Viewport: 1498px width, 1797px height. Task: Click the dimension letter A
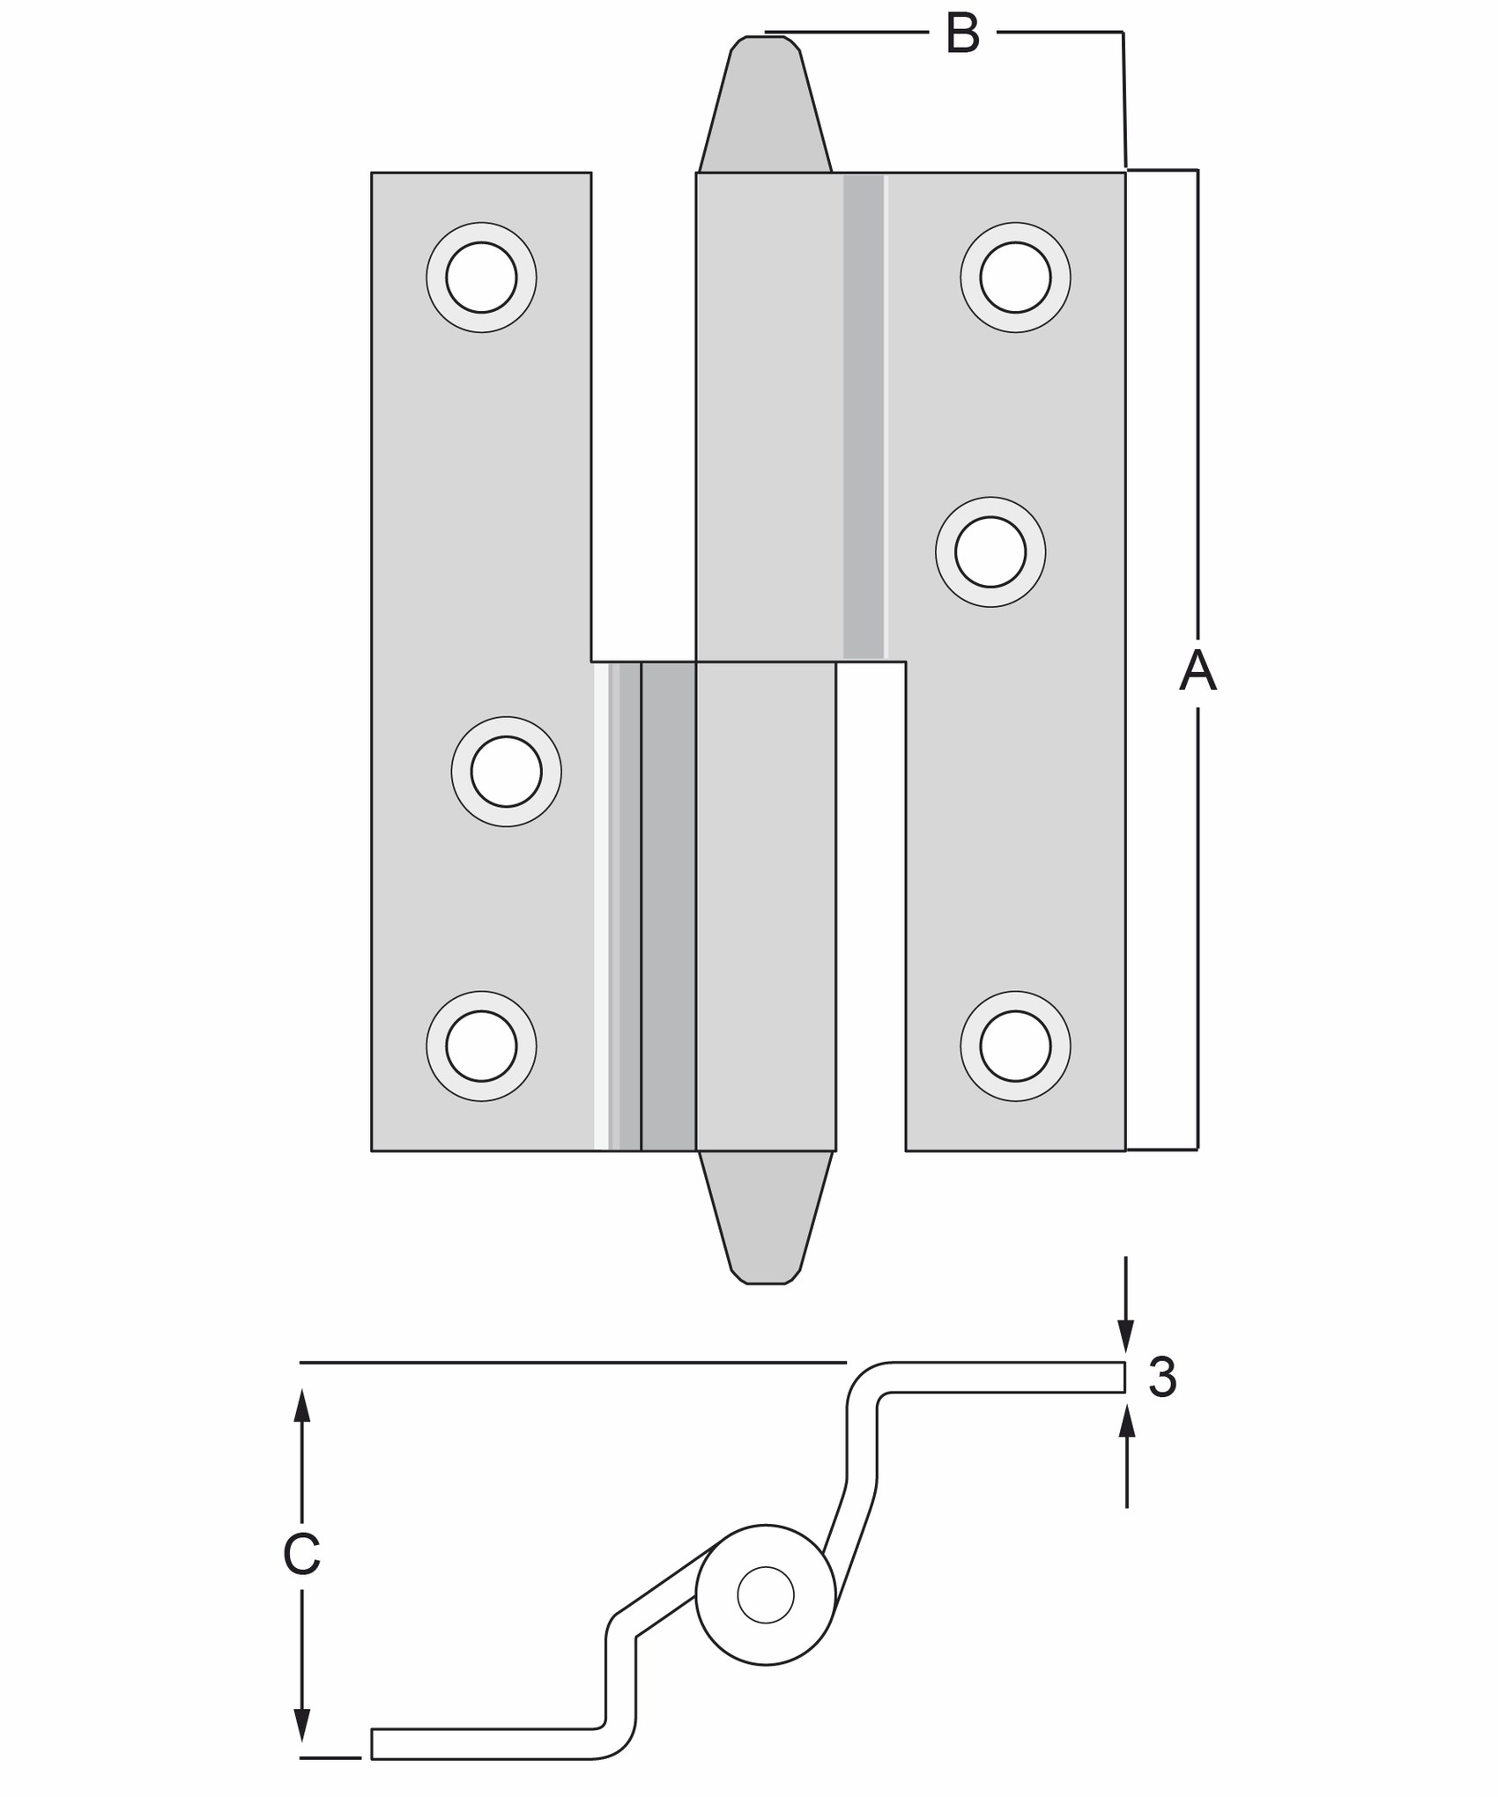point(1198,670)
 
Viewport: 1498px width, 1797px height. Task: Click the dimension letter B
point(962,33)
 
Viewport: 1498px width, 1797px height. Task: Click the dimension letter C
point(301,1555)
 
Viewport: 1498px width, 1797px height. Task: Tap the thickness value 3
point(1162,1377)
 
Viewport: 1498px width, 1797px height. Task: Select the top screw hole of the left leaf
point(481,277)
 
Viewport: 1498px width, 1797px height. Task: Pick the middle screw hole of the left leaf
point(507,772)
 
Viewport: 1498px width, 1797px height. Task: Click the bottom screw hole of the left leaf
point(481,1046)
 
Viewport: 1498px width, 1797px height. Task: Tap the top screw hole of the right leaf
point(1015,277)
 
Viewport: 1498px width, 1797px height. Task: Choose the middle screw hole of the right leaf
point(990,552)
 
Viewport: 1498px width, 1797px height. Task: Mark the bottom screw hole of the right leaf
point(1015,1046)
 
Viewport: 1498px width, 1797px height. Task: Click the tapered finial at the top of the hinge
point(765,104)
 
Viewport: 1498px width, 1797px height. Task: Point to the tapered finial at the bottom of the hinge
point(765,1217)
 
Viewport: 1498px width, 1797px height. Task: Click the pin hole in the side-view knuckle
point(766,1595)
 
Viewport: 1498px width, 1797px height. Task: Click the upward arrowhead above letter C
point(302,1405)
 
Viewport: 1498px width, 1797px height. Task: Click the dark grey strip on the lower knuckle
point(669,906)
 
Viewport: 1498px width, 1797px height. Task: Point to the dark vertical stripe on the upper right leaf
point(864,416)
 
